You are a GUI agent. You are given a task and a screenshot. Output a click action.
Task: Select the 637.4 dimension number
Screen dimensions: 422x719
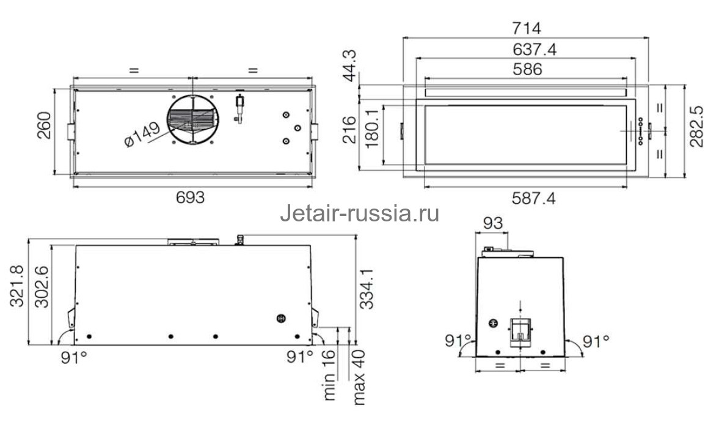pyautogui.click(x=527, y=50)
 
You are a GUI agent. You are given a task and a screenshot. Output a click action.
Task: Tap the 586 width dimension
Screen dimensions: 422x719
pyautogui.click(x=527, y=69)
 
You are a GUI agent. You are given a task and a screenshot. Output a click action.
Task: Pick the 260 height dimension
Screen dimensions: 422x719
pyautogui.click(x=45, y=126)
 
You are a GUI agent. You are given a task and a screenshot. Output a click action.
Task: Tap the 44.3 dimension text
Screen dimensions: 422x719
pyautogui.click(x=349, y=67)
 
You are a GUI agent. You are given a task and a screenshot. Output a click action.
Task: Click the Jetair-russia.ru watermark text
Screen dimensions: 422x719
pyautogui.click(x=359, y=214)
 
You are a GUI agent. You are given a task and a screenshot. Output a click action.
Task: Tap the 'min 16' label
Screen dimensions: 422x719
pyautogui.click(x=330, y=382)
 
